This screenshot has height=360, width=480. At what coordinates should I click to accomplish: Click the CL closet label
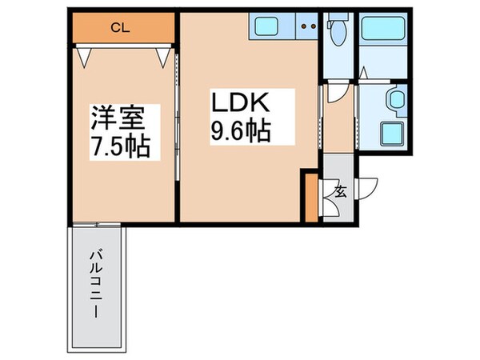coord(121,29)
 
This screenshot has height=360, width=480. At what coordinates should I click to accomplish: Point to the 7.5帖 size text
coord(121,149)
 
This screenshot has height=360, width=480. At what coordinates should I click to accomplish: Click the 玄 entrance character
coord(340,191)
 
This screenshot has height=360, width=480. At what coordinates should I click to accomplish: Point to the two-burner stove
coord(309,28)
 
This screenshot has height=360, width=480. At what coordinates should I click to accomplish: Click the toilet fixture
coord(336,32)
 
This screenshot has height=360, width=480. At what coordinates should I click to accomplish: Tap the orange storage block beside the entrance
coord(311,197)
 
